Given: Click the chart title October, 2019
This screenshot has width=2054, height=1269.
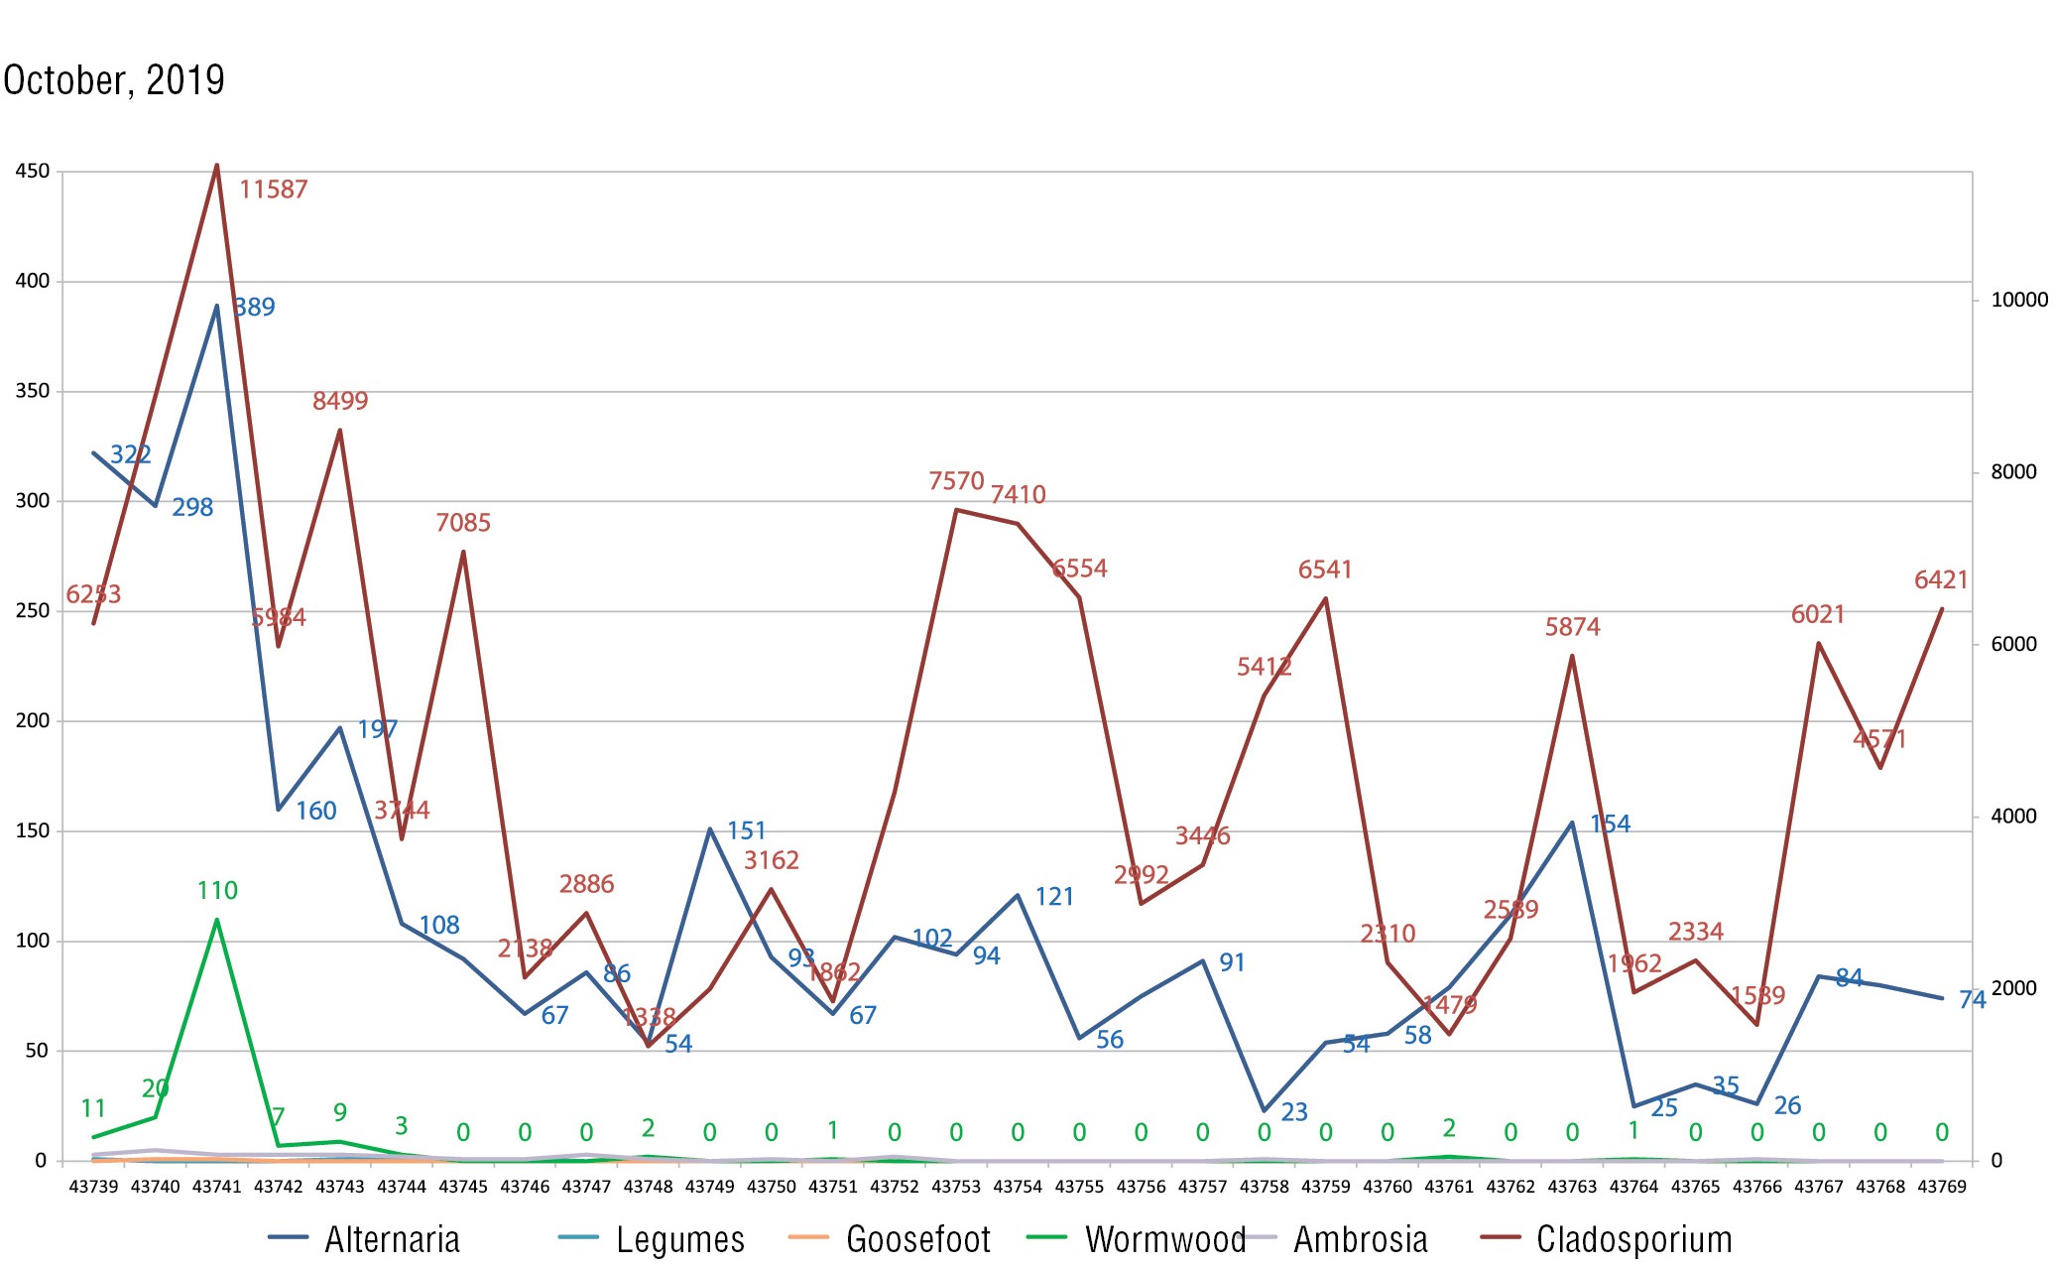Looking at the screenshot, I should click(x=114, y=80).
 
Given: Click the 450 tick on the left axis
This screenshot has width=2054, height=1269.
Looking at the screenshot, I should click(x=32, y=172).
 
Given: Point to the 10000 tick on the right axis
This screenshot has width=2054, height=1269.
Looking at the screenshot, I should click(x=2019, y=300).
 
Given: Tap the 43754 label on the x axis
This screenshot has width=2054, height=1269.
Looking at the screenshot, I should click(x=1018, y=1187).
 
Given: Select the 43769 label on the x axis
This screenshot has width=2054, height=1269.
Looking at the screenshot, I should click(x=1942, y=1187).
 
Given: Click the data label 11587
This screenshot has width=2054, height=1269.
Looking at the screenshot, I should click(x=274, y=190).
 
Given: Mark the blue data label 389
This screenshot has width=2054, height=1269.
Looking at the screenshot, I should click(x=255, y=308).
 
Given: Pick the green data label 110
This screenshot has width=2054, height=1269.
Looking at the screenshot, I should click(x=217, y=891).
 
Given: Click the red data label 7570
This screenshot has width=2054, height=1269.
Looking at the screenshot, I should click(x=956, y=481).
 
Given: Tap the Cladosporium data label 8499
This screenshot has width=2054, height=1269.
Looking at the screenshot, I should click(x=340, y=401).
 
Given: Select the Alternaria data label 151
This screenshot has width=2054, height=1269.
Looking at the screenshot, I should click(x=746, y=830).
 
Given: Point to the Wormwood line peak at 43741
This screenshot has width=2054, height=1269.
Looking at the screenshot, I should click(x=217, y=920).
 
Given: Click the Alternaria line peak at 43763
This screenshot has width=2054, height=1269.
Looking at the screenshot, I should click(x=1572, y=823).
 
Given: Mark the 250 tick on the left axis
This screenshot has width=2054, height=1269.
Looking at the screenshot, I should click(x=32, y=611).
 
